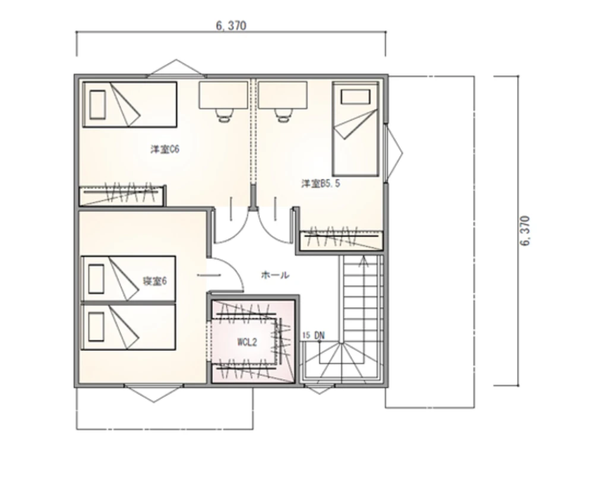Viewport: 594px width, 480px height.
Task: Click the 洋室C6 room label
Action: [x=165, y=149]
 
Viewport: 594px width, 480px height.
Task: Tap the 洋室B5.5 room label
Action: [x=321, y=184]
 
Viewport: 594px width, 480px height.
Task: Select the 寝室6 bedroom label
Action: [x=154, y=281]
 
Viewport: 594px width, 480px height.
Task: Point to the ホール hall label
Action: [x=275, y=274]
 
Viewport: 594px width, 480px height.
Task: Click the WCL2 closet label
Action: [x=247, y=342]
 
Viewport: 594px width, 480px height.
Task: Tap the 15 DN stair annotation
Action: [x=314, y=335]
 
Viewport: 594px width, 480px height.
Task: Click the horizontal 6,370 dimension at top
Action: [x=231, y=26]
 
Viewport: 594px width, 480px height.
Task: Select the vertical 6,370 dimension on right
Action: [x=525, y=230]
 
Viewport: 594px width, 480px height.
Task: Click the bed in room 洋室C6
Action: [x=129, y=105]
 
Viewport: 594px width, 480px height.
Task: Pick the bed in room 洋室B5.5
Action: [x=355, y=129]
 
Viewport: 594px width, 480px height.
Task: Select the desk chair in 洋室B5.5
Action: [x=283, y=115]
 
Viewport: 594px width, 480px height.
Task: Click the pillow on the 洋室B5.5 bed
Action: [x=355, y=96]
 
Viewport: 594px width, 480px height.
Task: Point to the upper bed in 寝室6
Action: [x=128, y=279]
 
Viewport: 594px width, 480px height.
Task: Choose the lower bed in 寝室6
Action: [x=128, y=327]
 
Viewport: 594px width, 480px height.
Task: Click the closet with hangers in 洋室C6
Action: [x=122, y=195]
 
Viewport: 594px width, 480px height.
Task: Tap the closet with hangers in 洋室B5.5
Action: [x=341, y=240]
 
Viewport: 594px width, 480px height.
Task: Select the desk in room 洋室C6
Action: [x=223, y=95]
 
